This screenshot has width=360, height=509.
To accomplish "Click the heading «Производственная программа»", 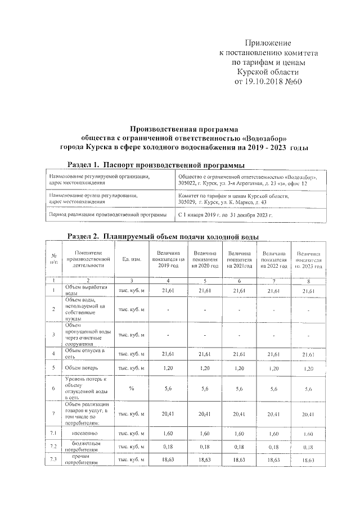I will tap(184, 128).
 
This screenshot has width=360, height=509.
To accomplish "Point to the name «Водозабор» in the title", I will tap(266, 137).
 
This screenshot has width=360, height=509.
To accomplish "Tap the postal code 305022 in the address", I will tap(187, 183).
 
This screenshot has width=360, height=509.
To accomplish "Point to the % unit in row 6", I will tap(131, 388).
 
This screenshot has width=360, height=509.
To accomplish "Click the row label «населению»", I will tap(83, 433).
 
